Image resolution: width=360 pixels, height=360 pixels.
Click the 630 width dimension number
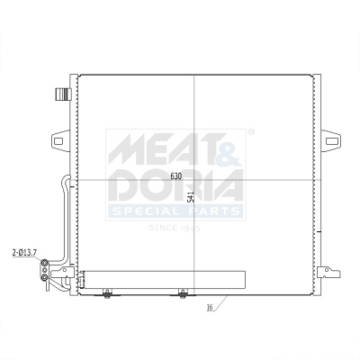pos(177,175)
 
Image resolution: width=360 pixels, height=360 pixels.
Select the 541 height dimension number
pos(190,193)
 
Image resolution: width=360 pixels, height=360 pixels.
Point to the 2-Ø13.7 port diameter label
pos(24,253)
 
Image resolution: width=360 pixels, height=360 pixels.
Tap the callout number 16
pos(209,308)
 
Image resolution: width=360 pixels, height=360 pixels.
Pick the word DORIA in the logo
pos(175,187)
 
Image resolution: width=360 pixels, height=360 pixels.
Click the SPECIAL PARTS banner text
pos(175,211)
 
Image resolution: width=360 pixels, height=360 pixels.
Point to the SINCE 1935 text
pos(175,228)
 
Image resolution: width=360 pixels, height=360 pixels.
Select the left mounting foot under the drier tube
pos(107,292)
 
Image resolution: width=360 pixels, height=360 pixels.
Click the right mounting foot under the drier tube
pos(183,292)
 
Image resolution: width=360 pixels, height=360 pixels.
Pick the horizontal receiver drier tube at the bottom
pos(162,279)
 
